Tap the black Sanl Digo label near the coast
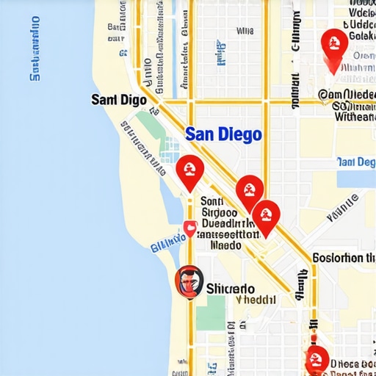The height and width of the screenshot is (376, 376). click(x=118, y=100)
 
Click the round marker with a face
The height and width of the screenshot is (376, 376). click(x=189, y=281)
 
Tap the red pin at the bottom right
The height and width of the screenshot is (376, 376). click(x=317, y=360)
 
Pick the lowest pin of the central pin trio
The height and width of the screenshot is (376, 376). click(x=266, y=217)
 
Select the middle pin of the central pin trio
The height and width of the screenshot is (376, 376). click(x=250, y=192)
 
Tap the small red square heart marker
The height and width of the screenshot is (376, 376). click(x=189, y=228)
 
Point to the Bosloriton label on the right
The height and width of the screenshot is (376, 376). click(x=344, y=258)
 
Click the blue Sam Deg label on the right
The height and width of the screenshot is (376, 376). click(x=355, y=162)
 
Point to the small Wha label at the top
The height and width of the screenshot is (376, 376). click(x=245, y=32)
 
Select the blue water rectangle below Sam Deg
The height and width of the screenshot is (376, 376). click(x=355, y=179)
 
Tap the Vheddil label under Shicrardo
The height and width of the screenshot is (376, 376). click(x=256, y=300)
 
